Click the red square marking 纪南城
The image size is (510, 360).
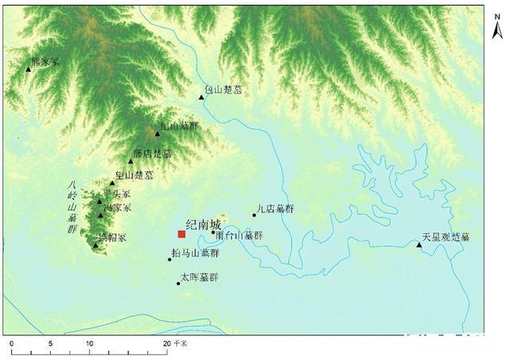point(182,234)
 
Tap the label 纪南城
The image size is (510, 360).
point(202,225)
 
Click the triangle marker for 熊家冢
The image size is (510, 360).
point(29,69)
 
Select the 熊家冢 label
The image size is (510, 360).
point(45,61)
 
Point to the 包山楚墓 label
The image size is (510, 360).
point(223,91)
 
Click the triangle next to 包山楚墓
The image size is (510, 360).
point(202,97)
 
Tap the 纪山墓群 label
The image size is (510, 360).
point(179,126)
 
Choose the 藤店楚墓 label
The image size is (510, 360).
point(152,154)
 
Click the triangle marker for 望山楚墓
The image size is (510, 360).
point(112,182)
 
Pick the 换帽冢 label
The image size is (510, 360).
point(112,237)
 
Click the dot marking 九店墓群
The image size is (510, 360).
point(254,214)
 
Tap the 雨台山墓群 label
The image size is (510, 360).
point(239,236)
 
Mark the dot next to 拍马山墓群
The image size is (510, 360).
point(170,259)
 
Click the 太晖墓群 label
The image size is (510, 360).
point(199,277)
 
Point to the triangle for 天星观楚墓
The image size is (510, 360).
point(419,245)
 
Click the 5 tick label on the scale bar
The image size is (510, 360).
point(50,343)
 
